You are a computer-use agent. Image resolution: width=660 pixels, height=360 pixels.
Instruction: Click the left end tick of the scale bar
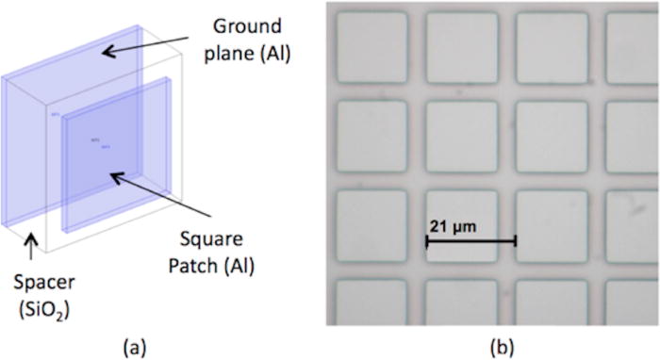pos(427,241)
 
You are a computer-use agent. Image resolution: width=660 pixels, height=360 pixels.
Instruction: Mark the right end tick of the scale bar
pos(515,241)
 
